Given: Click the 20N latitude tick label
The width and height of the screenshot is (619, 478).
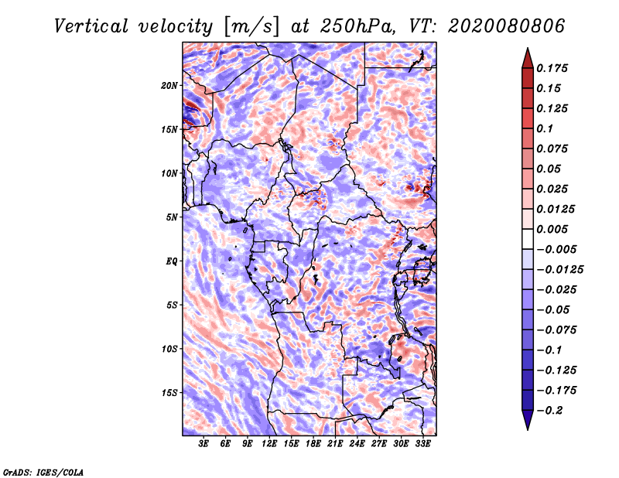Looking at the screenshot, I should pos(169,85).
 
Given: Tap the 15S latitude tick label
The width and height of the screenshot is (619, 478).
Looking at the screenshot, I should pos(169,393).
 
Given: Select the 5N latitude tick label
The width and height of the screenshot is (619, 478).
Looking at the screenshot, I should pos(171,217).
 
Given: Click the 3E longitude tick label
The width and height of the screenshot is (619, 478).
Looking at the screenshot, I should pos(204,444).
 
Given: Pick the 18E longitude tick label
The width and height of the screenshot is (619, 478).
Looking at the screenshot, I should pos(313,444).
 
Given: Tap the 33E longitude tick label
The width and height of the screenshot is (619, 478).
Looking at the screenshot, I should pos(422,444).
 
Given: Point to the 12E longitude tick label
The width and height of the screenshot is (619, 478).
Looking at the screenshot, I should pos(270,444).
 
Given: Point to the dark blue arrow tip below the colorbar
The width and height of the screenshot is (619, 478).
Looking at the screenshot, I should pos(527,425).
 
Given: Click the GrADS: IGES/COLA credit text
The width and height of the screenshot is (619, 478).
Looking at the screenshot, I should pos(43,471).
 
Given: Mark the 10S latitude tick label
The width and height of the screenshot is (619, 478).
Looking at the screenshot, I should pos(169,349).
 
